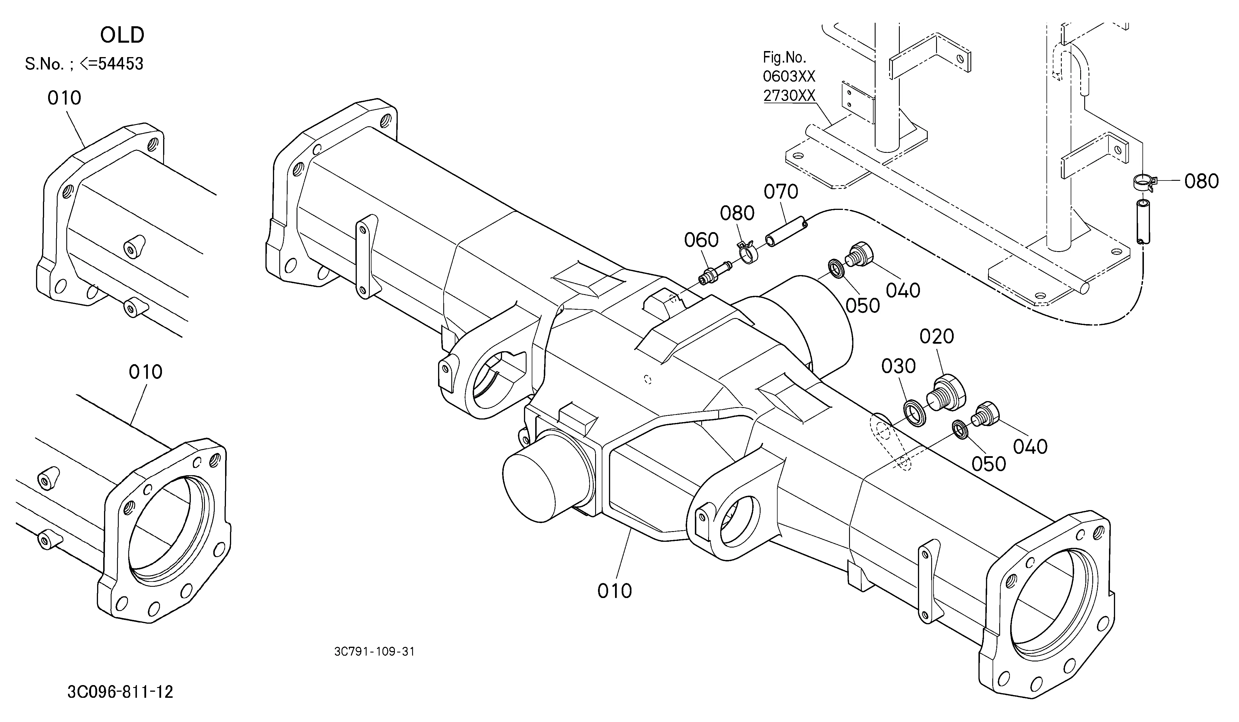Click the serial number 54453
coord(121,64)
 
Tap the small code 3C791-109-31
coord(374,652)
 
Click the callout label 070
coord(781,192)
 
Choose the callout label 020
coord(937,336)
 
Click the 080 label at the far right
coord(1202,181)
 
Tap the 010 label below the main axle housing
coord(614,591)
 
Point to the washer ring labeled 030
coord(915,412)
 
